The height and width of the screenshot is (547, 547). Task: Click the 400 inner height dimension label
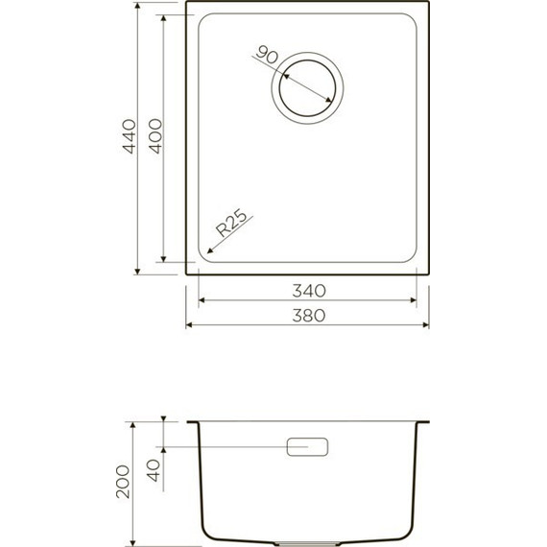point(154,139)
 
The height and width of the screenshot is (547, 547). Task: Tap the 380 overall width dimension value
point(306,314)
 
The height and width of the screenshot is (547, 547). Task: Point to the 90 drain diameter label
point(268,56)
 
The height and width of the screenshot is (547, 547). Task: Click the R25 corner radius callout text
point(233,224)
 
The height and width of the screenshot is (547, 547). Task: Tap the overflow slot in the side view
point(308,446)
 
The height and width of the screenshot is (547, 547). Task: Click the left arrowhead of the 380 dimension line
point(189,324)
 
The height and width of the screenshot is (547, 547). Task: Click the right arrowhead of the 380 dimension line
point(424,324)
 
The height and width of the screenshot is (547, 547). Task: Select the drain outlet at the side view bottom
point(307,540)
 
